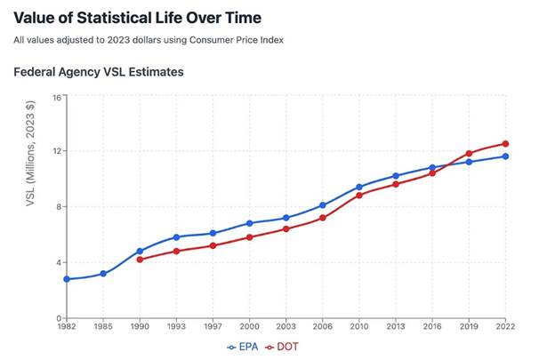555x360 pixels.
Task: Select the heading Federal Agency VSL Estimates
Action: coord(99,72)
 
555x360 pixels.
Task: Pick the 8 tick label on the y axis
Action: coord(58,207)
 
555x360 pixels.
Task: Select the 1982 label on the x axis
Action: coord(67,327)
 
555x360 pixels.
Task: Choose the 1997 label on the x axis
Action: coord(213,327)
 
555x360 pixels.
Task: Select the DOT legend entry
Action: coord(283,347)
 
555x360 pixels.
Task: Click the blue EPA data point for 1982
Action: coord(67,279)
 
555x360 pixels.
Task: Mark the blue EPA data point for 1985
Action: coord(103,273)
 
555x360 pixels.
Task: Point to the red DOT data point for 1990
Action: coord(140,260)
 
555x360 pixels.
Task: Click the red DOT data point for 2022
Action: coord(505,144)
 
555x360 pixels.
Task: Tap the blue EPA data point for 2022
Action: coord(505,156)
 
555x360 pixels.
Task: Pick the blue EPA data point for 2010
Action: coord(359,187)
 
